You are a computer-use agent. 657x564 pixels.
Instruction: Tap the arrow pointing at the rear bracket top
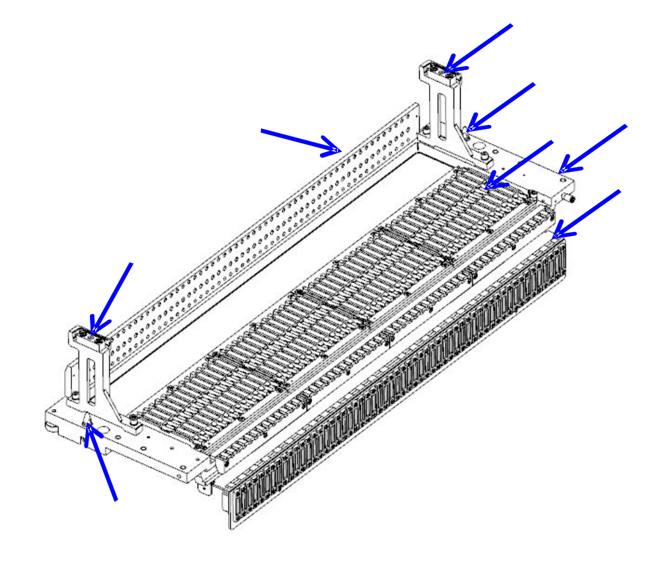tap(479, 46)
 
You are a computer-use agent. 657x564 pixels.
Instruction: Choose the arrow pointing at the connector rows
tap(519, 165)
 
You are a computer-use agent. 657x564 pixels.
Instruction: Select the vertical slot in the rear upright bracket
tap(441, 109)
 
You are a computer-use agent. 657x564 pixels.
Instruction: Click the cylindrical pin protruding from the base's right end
tap(570, 198)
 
